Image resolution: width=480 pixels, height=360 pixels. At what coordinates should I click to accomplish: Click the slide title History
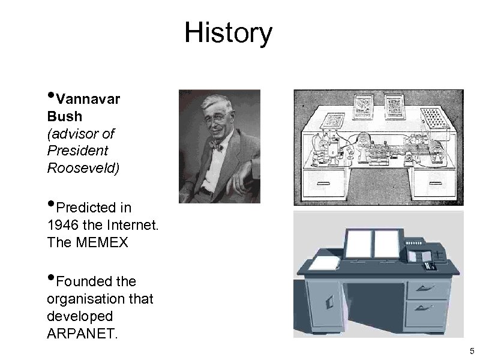pyautogui.click(x=228, y=33)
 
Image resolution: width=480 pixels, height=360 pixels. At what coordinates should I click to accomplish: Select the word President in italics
pyautogui.click(x=77, y=150)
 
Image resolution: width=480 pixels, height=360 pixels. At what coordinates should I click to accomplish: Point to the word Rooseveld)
pyautogui.click(x=83, y=167)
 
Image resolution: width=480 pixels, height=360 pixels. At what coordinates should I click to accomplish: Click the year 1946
pyautogui.click(x=62, y=226)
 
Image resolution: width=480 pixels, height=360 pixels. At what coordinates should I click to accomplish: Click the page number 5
pyautogui.click(x=472, y=351)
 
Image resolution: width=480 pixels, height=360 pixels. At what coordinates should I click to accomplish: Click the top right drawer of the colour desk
pyautogui.click(x=428, y=290)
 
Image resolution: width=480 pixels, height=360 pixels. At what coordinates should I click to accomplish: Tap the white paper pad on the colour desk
pyautogui.click(x=322, y=262)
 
